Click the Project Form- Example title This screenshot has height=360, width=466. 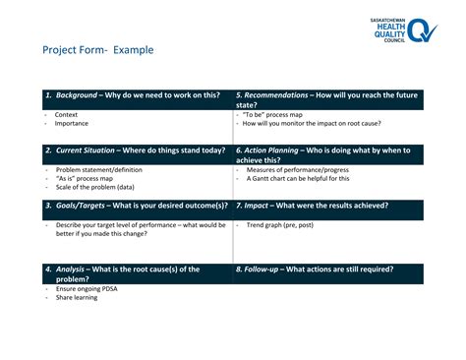tap(97, 50)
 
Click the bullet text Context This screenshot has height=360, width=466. tap(68, 115)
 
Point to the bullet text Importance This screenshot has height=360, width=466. tap(72, 124)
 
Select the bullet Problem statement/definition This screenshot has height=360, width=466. tap(98, 170)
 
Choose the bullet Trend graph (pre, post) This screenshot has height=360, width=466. tap(280, 225)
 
